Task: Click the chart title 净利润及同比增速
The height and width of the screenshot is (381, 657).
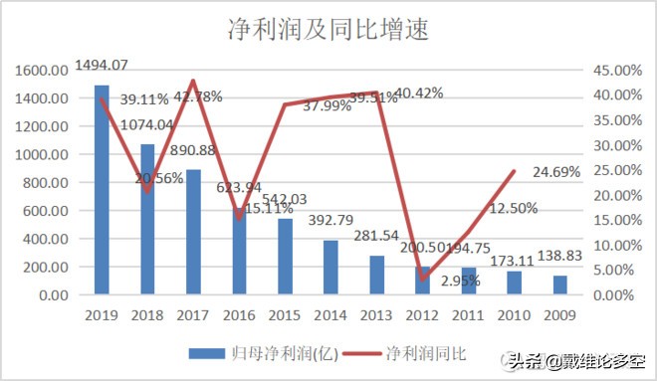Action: pos(328,29)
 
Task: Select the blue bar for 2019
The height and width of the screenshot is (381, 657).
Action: pos(102,189)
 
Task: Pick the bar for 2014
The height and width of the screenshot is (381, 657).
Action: pos(330,268)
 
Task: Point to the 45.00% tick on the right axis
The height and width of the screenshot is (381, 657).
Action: pos(619,71)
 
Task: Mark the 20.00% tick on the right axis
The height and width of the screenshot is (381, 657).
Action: pos(619,195)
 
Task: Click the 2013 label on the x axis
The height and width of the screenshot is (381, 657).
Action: pos(376,315)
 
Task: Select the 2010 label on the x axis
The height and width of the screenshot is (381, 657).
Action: pos(514,315)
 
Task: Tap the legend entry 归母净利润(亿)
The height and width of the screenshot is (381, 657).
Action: pos(257,352)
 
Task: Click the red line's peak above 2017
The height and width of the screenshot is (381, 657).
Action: pos(193,81)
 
